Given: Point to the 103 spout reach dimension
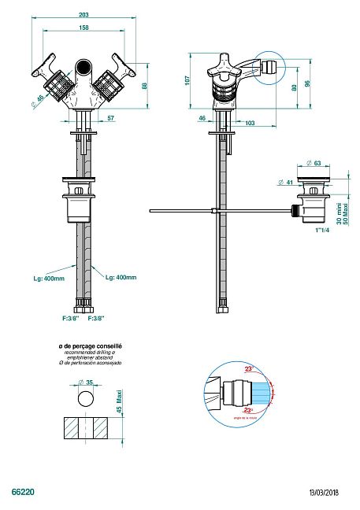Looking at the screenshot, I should point(249,123).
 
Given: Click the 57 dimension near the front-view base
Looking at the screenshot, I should point(109,118).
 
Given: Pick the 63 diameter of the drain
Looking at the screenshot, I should point(317,164).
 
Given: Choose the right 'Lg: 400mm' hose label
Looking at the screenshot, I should point(120,278).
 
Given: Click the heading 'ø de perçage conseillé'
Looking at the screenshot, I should point(85,346).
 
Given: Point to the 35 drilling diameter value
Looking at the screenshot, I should point(89,382).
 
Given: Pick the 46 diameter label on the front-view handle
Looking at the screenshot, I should point(39,99).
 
